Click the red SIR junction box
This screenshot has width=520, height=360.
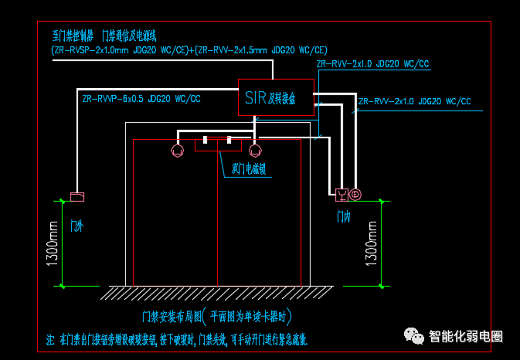point(275,97)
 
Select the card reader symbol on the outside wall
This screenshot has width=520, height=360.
point(76,197)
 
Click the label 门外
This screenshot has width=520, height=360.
point(76,226)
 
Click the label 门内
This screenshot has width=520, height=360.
point(344,217)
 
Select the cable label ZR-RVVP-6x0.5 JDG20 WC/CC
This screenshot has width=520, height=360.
point(141,99)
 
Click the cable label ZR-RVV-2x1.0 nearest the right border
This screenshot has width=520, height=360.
point(414,101)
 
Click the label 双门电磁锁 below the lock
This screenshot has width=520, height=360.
point(249,168)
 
